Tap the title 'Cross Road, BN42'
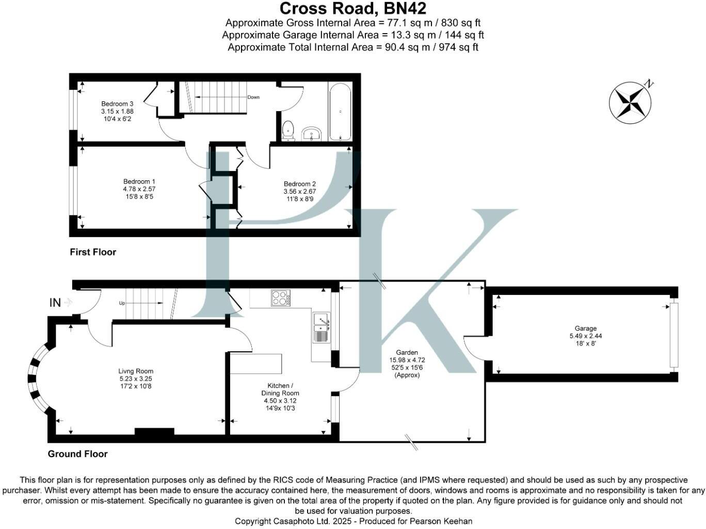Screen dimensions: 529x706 coord(353,9)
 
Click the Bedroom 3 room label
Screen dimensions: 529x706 coord(117,104)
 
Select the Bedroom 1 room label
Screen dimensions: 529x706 coord(139,182)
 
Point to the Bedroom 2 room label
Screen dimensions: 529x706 coord(300,184)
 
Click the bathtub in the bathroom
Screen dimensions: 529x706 coord(340,112)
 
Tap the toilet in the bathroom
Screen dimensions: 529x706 coord(288,130)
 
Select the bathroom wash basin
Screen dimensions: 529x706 coord(312,134)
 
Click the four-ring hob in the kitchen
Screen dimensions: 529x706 coord(281,298)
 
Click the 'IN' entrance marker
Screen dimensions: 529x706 coord(55,303)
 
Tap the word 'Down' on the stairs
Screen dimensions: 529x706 coord(253,97)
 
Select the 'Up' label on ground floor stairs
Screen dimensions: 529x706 coord(122,303)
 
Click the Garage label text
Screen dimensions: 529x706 coord(586,329)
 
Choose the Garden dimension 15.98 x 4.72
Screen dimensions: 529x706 coord(407,360)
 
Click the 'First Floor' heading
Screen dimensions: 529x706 coord(93,252)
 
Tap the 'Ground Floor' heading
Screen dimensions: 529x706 coord(77,454)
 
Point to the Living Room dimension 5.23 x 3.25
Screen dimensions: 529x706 coord(136,379)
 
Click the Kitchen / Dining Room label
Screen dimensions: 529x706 coord(280,390)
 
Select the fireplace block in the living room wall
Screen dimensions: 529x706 coord(154,432)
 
